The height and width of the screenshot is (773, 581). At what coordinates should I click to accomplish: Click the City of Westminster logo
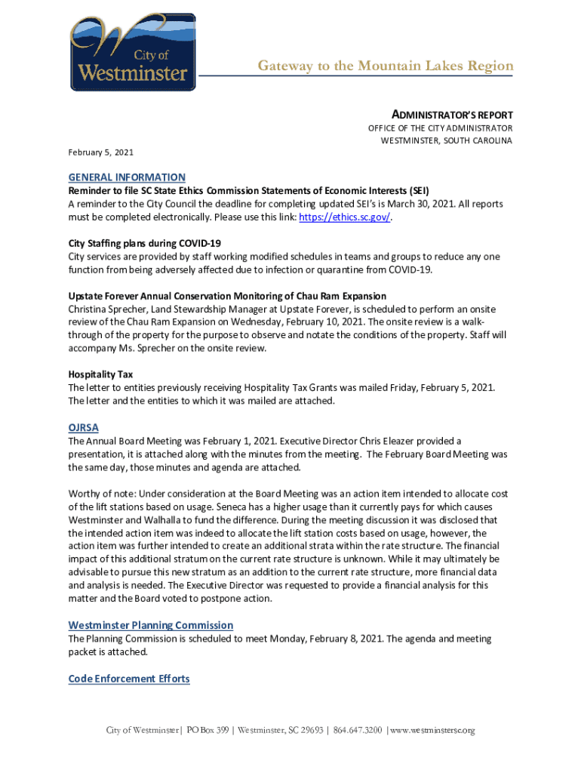coord(132,52)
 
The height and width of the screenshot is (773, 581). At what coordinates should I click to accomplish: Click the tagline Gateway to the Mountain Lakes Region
coord(385,66)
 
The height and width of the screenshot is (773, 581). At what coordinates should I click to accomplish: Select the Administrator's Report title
coord(452,115)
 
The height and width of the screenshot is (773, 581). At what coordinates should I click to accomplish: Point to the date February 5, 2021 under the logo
coord(99,152)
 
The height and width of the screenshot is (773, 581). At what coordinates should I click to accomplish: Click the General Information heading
coord(127,177)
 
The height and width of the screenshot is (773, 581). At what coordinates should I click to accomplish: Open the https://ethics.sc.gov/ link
coord(346,217)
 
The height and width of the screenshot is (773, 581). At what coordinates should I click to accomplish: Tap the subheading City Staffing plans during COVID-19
coord(144,243)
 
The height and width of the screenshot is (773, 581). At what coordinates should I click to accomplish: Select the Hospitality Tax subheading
coord(100,374)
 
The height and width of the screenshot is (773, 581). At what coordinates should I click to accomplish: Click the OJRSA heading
coord(84,427)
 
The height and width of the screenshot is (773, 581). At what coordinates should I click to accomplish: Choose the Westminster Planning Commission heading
coord(150,625)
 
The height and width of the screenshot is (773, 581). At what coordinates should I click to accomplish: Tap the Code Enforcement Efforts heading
coord(129,679)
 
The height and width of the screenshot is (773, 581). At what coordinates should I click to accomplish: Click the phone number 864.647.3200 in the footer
coord(357,731)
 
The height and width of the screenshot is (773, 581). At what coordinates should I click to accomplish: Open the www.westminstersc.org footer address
coord(433,731)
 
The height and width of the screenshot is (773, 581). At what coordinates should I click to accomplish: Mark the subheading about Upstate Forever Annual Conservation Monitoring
coord(227,296)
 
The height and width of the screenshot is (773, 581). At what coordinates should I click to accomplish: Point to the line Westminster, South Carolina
coord(446,140)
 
